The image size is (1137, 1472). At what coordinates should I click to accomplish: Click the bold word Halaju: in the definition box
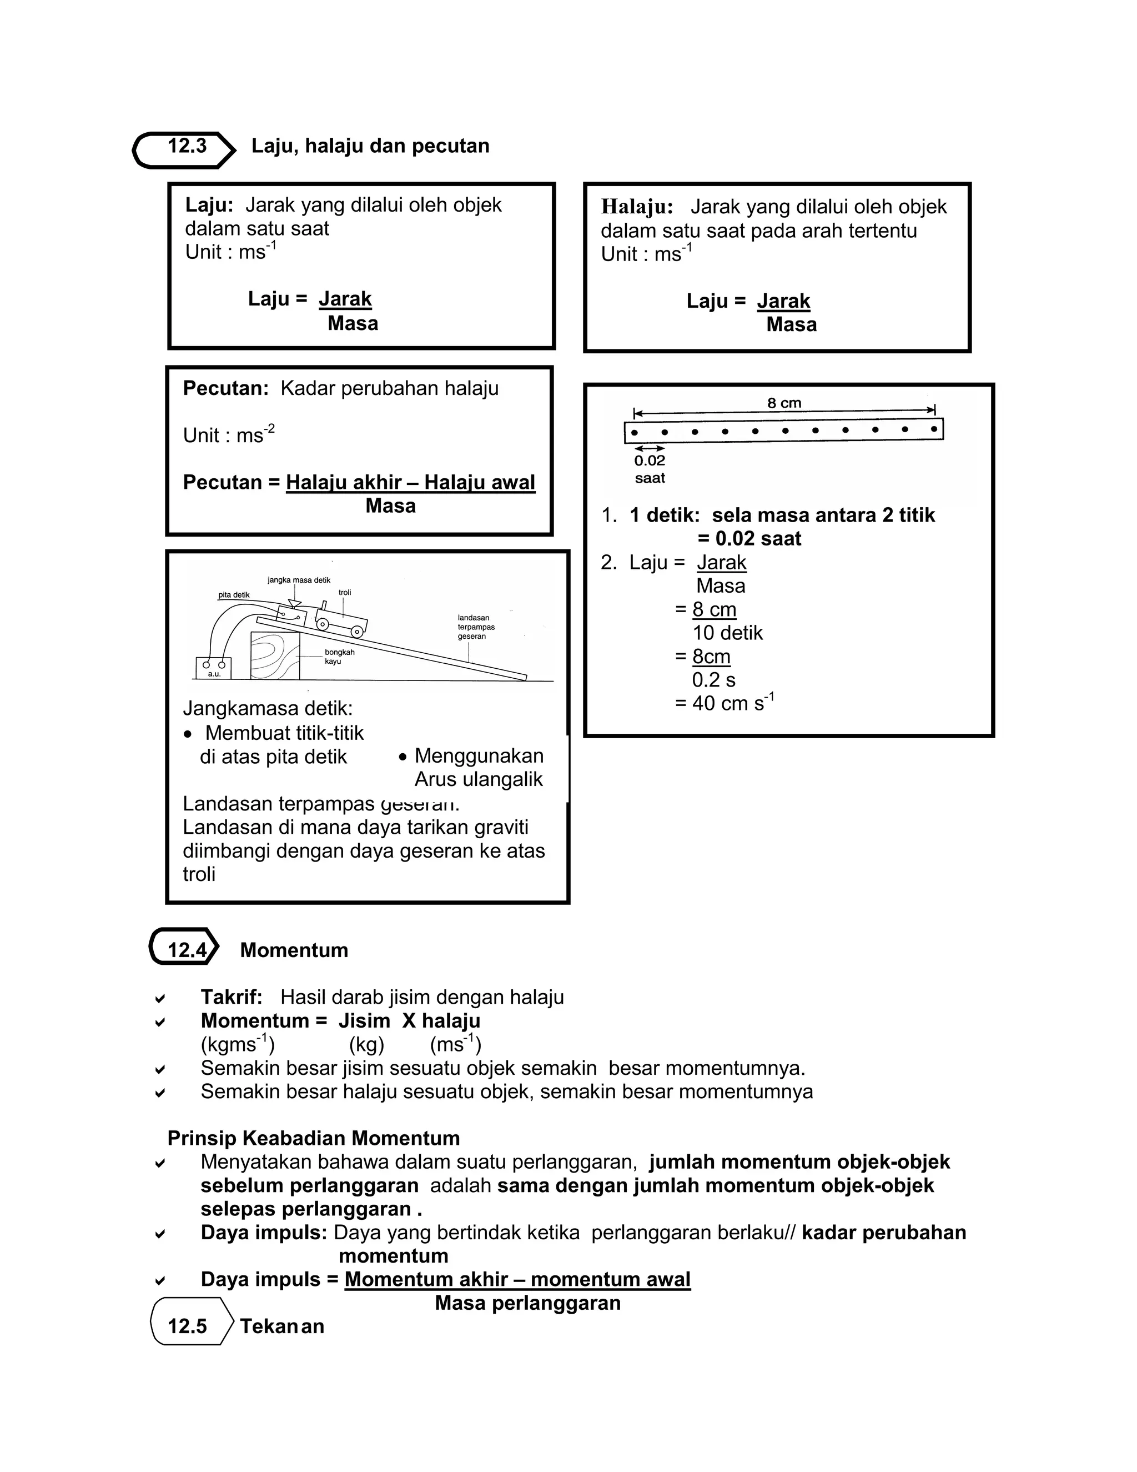click(637, 207)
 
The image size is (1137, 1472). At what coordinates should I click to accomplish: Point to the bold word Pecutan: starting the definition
click(225, 388)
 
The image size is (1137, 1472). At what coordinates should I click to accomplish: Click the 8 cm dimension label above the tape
click(784, 403)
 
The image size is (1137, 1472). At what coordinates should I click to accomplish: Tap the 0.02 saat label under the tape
click(650, 469)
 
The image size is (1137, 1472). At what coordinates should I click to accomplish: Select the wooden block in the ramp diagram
click(275, 654)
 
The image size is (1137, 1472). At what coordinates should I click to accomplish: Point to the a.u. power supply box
click(214, 668)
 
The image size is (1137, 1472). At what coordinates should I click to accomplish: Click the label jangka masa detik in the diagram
click(299, 579)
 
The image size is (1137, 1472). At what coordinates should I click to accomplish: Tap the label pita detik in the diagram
click(234, 595)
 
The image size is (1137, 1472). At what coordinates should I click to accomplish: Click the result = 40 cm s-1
click(724, 703)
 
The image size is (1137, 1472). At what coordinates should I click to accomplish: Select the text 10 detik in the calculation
click(727, 633)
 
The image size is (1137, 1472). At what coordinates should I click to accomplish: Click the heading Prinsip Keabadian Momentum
click(313, 1138)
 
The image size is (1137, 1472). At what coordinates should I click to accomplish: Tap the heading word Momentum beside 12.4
click(294, 950)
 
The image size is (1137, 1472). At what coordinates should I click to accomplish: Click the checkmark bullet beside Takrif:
click(160, 998)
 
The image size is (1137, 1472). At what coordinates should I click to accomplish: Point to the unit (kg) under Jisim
click(366, 1045)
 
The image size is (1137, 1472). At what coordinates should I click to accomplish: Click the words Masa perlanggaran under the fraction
click(527, 1303)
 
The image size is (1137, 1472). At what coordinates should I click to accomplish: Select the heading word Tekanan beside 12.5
click(282, 1326)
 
